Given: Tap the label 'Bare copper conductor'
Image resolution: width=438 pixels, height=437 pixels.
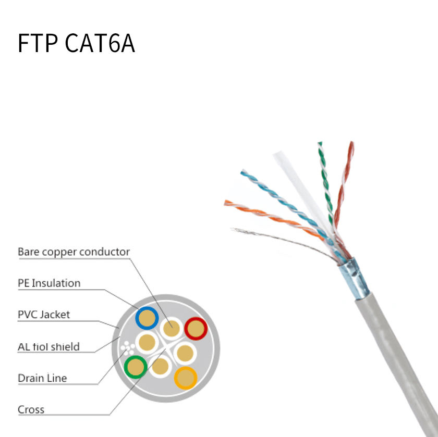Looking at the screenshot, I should [x=74, y=252].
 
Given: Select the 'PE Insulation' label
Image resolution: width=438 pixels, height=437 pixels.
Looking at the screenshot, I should [x=49, y=283].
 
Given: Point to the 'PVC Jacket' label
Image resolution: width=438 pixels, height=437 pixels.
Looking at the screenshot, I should [x=44, y=315].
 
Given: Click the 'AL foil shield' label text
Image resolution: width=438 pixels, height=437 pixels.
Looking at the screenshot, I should [x=48, y=346].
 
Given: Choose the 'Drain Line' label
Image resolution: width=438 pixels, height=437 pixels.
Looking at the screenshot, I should [x=42, y=378].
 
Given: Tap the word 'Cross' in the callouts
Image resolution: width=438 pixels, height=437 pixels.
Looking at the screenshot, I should [x=31, y=409].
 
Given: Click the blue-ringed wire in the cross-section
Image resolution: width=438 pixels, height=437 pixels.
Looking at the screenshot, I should [x=147, y=318].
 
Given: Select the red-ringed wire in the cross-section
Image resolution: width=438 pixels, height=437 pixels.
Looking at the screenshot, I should [x=196, y=329].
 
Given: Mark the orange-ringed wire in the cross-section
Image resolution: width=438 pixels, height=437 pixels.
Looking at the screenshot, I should [x=185, y=378].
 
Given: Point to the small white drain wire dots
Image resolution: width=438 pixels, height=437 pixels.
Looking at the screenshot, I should [x=127, y=348].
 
